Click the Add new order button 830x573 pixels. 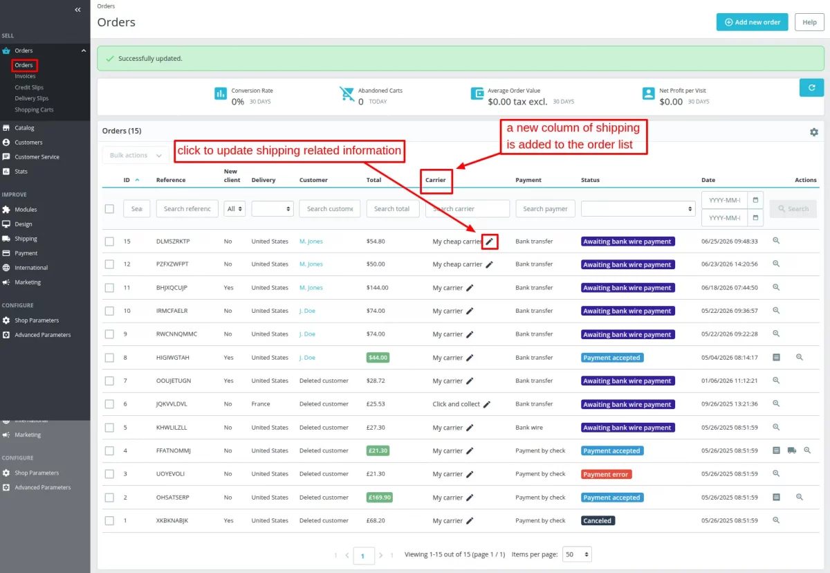752,22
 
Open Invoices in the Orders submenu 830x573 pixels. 25,76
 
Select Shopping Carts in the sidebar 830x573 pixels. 34,109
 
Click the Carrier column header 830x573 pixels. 435,180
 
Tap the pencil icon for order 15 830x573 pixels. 490,242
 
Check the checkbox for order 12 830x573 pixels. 109,264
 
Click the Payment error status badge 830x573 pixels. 606,474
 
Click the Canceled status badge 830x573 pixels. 598,520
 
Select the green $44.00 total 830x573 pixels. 378,358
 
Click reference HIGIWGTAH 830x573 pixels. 173,358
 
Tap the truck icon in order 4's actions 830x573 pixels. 792,451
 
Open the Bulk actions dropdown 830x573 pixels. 136,155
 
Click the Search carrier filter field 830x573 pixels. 468,209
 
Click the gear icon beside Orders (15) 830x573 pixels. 813,132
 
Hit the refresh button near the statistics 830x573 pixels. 811,87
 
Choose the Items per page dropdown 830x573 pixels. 577,554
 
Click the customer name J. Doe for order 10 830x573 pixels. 307,311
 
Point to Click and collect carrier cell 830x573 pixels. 456,404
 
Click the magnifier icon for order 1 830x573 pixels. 776,520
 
